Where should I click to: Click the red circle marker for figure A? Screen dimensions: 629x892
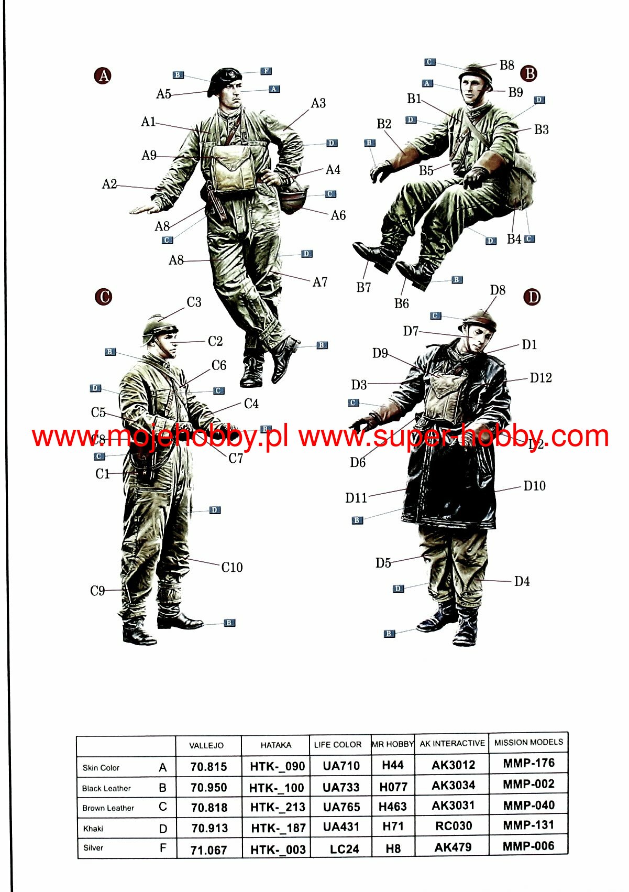(x=103, y=75)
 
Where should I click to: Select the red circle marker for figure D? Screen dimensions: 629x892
(x=532, y=297)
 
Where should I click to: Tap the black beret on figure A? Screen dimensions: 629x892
(x=224, y=80)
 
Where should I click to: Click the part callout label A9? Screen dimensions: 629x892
(x=149, y=155)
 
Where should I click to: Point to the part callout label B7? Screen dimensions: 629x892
(x=363, y=287)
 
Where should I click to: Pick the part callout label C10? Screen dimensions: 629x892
(x=232, y=567)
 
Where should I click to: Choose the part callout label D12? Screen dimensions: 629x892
(x=540, y=377)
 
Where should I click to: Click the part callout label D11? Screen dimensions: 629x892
(x=356, y=498)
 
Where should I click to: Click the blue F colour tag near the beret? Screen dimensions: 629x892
(x=266, y=71)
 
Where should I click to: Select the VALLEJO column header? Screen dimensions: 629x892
(x=206, y=745)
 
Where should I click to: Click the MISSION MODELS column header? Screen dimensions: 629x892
(x=528, y=742)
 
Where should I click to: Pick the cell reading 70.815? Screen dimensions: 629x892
(x=208, y=767)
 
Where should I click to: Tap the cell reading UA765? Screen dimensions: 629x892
(x=341, y=807)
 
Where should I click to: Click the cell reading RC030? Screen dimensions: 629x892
(x=453, y=826)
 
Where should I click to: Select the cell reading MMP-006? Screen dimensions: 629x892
(x=528, y=846)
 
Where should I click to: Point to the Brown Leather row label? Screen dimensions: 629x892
(x=108, y=808)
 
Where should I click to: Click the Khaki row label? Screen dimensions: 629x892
(x=93, y=829)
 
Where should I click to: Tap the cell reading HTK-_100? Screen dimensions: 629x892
(x=277, y=788)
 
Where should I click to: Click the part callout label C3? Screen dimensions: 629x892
(x=194, y=302)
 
